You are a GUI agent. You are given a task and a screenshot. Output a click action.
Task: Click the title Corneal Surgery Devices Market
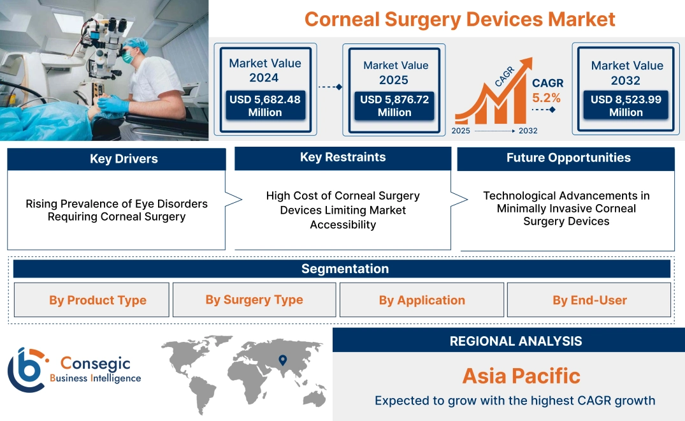459,18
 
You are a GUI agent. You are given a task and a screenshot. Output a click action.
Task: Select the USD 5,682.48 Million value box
264,106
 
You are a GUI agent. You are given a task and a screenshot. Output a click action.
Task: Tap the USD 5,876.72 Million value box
394,106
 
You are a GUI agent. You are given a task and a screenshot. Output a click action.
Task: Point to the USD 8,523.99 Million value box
626,106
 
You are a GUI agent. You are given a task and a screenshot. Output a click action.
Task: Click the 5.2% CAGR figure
546,98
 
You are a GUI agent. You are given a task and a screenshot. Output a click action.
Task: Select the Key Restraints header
343,158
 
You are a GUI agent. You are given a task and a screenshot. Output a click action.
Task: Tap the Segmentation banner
345,269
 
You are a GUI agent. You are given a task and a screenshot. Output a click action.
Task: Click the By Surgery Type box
254,300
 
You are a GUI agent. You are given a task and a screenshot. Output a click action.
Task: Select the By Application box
422,300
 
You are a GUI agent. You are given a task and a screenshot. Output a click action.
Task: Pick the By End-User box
589,300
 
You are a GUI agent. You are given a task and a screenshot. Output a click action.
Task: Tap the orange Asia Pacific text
521,376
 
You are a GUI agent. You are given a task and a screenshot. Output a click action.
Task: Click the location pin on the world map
283,361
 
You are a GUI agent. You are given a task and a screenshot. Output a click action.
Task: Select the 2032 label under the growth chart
528,131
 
